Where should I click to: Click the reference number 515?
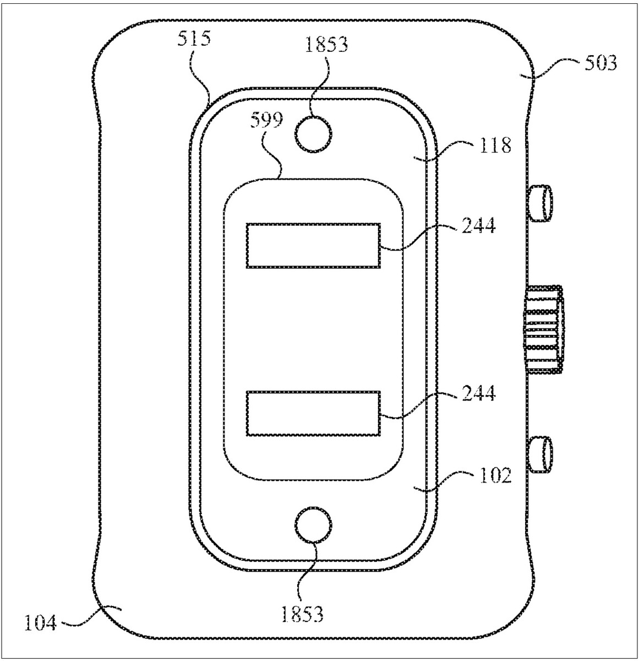[194, 38]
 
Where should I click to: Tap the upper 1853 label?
[326, 45]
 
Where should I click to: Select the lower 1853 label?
[302, 614]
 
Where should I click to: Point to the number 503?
[600, 63]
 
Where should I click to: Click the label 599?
[266, 120]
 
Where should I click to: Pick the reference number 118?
[495, 145]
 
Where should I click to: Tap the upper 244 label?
[478, 225]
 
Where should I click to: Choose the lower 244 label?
[478, 393]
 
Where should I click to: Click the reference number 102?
[495, 475]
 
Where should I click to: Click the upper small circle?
[313, 134]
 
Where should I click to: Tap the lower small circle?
[313, 524]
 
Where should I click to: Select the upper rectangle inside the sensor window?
[313, 246]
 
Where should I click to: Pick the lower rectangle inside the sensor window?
[313, 413]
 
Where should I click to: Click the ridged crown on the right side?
[544, 329]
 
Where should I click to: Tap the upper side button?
[539, 203]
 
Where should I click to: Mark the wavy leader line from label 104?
[89, 619]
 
